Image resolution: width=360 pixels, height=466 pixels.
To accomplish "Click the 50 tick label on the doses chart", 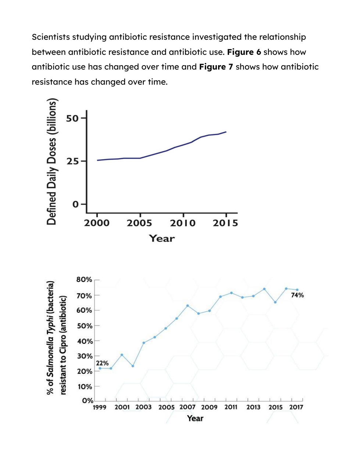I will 72,118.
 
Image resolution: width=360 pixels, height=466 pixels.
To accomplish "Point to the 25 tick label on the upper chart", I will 72,161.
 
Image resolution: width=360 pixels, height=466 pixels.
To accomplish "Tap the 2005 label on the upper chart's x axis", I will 139,223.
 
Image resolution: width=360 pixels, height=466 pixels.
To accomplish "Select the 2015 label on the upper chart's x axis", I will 225,223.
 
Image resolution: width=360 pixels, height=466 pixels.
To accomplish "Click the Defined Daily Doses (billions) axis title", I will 51,162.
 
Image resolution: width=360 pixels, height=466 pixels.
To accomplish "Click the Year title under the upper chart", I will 162,239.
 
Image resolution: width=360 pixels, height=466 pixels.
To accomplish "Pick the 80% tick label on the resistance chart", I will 84,280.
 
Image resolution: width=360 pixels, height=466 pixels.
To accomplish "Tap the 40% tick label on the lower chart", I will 85,341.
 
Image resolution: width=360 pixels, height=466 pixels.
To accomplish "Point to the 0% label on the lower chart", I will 88,400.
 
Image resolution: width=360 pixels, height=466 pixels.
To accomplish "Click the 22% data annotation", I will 102,363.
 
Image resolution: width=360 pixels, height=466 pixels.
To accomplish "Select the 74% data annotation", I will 297,295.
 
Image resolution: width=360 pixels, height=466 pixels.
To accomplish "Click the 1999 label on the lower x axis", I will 99,407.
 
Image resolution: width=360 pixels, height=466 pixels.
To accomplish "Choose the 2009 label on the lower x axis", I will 209,407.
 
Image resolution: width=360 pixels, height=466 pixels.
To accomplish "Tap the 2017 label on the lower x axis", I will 296,407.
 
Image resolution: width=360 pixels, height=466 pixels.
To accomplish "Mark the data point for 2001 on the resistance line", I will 122,355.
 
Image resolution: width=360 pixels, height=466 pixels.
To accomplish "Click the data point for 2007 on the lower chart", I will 188,306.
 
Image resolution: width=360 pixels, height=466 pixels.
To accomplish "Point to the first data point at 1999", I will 100,368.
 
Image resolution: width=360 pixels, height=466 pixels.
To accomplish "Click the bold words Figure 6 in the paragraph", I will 244,52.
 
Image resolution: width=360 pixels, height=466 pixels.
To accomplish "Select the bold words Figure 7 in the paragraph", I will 216,67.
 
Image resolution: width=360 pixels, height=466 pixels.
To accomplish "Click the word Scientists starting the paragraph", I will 51,37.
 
